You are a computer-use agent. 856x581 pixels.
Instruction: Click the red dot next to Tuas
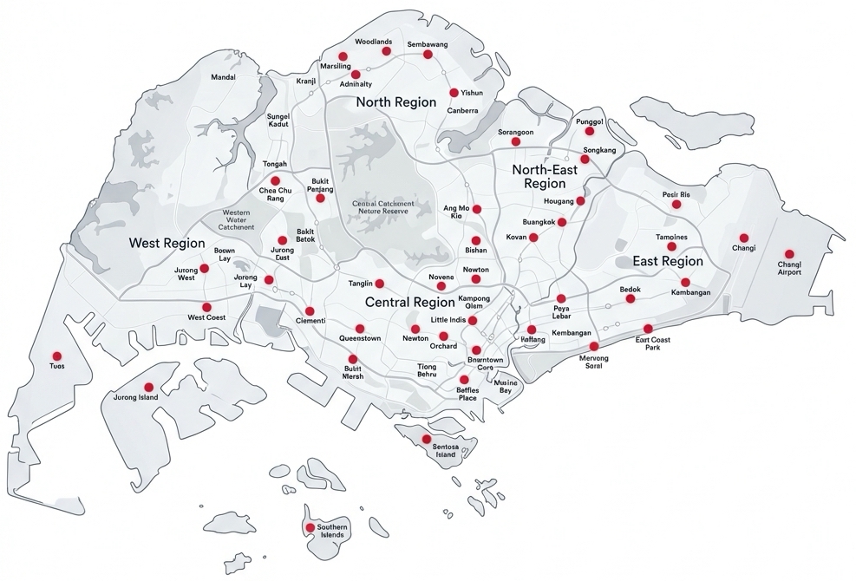coord(56,356)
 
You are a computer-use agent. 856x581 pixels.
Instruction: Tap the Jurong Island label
coord(136,397)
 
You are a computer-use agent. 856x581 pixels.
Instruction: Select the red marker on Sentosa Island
coord(426,439)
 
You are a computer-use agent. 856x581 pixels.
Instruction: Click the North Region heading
coord(396,102)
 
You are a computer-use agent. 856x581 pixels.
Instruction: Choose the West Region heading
coord(167,244)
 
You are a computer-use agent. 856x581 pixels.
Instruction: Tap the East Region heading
coord(668,261)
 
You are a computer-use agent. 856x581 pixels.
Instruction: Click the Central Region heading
coord(410,303)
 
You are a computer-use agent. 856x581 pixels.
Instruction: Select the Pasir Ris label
coord(676,194)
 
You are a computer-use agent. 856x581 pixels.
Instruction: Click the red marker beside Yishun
coord(454,93)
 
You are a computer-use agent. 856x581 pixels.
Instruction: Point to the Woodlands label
coord(374,42)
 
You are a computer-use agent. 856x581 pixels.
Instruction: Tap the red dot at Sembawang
coord(428,55)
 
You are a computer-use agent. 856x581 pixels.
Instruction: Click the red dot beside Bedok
coord(631,299)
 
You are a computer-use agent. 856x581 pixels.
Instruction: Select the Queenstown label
coord(360,338)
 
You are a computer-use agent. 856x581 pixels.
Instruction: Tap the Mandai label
coord(224,77)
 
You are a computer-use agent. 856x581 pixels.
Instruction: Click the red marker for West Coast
coord(206,307)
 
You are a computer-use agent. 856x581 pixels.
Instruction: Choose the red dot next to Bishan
coord(475,240)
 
